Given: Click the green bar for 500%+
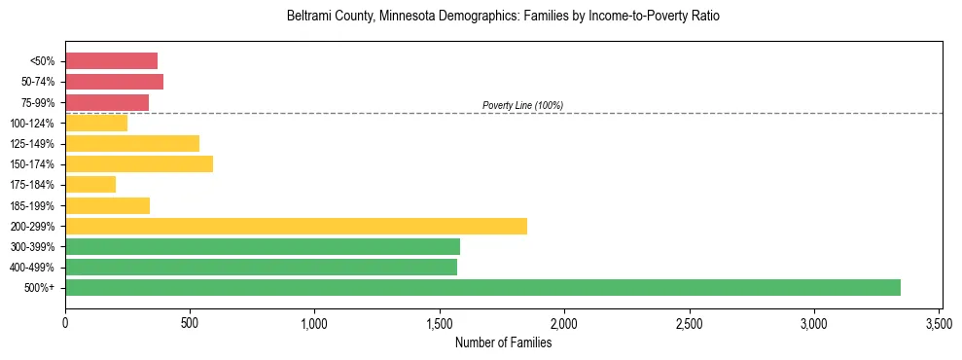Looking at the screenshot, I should (482, 287).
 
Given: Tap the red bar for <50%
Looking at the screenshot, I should (111, 61).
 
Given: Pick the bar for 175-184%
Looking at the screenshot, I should (90, 185).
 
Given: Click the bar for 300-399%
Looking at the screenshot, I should (263, 246).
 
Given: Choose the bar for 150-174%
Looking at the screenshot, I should (139, 163).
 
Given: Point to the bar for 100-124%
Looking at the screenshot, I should (96, 123).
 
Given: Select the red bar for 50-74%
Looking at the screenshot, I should (114, 82).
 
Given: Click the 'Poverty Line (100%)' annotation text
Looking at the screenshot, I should (522, 105).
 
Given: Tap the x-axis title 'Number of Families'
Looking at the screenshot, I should (503, 342).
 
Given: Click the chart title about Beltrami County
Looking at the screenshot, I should (503, 18).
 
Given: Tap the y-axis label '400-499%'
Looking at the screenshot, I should (38, 268).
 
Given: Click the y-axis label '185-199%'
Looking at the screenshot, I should (38, 205).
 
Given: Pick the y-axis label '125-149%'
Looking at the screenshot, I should (38, 144).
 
